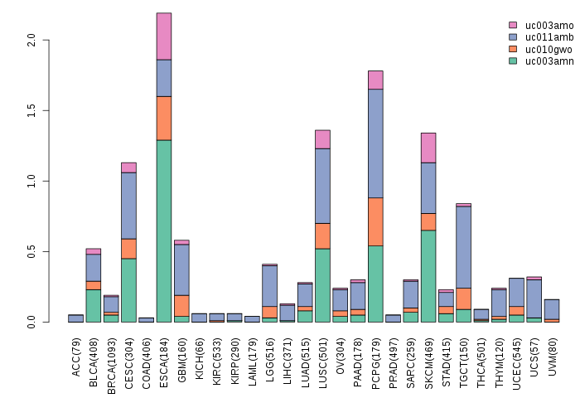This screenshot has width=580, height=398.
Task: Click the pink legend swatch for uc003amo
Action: pos(513,26)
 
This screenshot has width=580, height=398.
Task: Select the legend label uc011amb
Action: pos(543,37)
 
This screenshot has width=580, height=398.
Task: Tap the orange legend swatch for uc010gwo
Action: pos(513,49)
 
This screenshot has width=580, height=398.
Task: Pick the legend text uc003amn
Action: pos(543,61)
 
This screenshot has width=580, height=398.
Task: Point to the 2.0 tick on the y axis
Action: pos(31,39)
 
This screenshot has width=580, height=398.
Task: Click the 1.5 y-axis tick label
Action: pos(31,110)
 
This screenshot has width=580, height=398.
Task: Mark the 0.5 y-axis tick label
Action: pos(31,251)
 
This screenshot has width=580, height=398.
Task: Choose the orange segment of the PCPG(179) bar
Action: pos(375,221)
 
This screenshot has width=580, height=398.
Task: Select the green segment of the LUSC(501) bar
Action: pos(322,285)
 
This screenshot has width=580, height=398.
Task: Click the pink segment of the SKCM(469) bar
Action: pos(428,148)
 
